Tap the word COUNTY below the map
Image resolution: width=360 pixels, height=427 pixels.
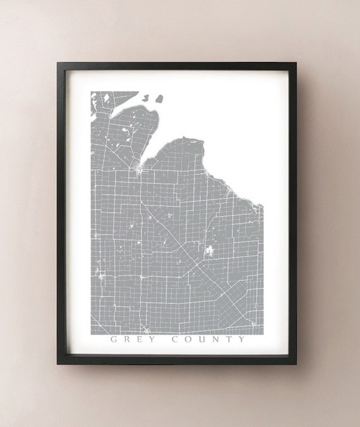point(209,339)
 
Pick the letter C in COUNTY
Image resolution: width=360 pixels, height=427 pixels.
point(175,339)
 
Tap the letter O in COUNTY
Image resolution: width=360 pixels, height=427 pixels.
point(188,339)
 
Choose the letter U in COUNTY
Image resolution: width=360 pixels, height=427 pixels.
point(202,339)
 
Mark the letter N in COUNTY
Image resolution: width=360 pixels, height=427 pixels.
point(216,339)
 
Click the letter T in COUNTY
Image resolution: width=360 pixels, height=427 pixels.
point(229,339)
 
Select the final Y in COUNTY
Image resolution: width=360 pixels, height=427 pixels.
point(243,339)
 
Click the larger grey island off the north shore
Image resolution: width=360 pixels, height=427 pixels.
point(158,99)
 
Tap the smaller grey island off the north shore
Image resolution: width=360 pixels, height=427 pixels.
point(147,98)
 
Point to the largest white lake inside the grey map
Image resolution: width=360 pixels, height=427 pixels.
point(208,251)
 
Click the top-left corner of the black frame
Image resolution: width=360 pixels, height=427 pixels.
point(57,63)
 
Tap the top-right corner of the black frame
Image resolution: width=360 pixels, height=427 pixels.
point(296,63)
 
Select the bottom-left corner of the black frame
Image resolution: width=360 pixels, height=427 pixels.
point(57,364)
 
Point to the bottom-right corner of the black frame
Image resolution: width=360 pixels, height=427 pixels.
point(296,364)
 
